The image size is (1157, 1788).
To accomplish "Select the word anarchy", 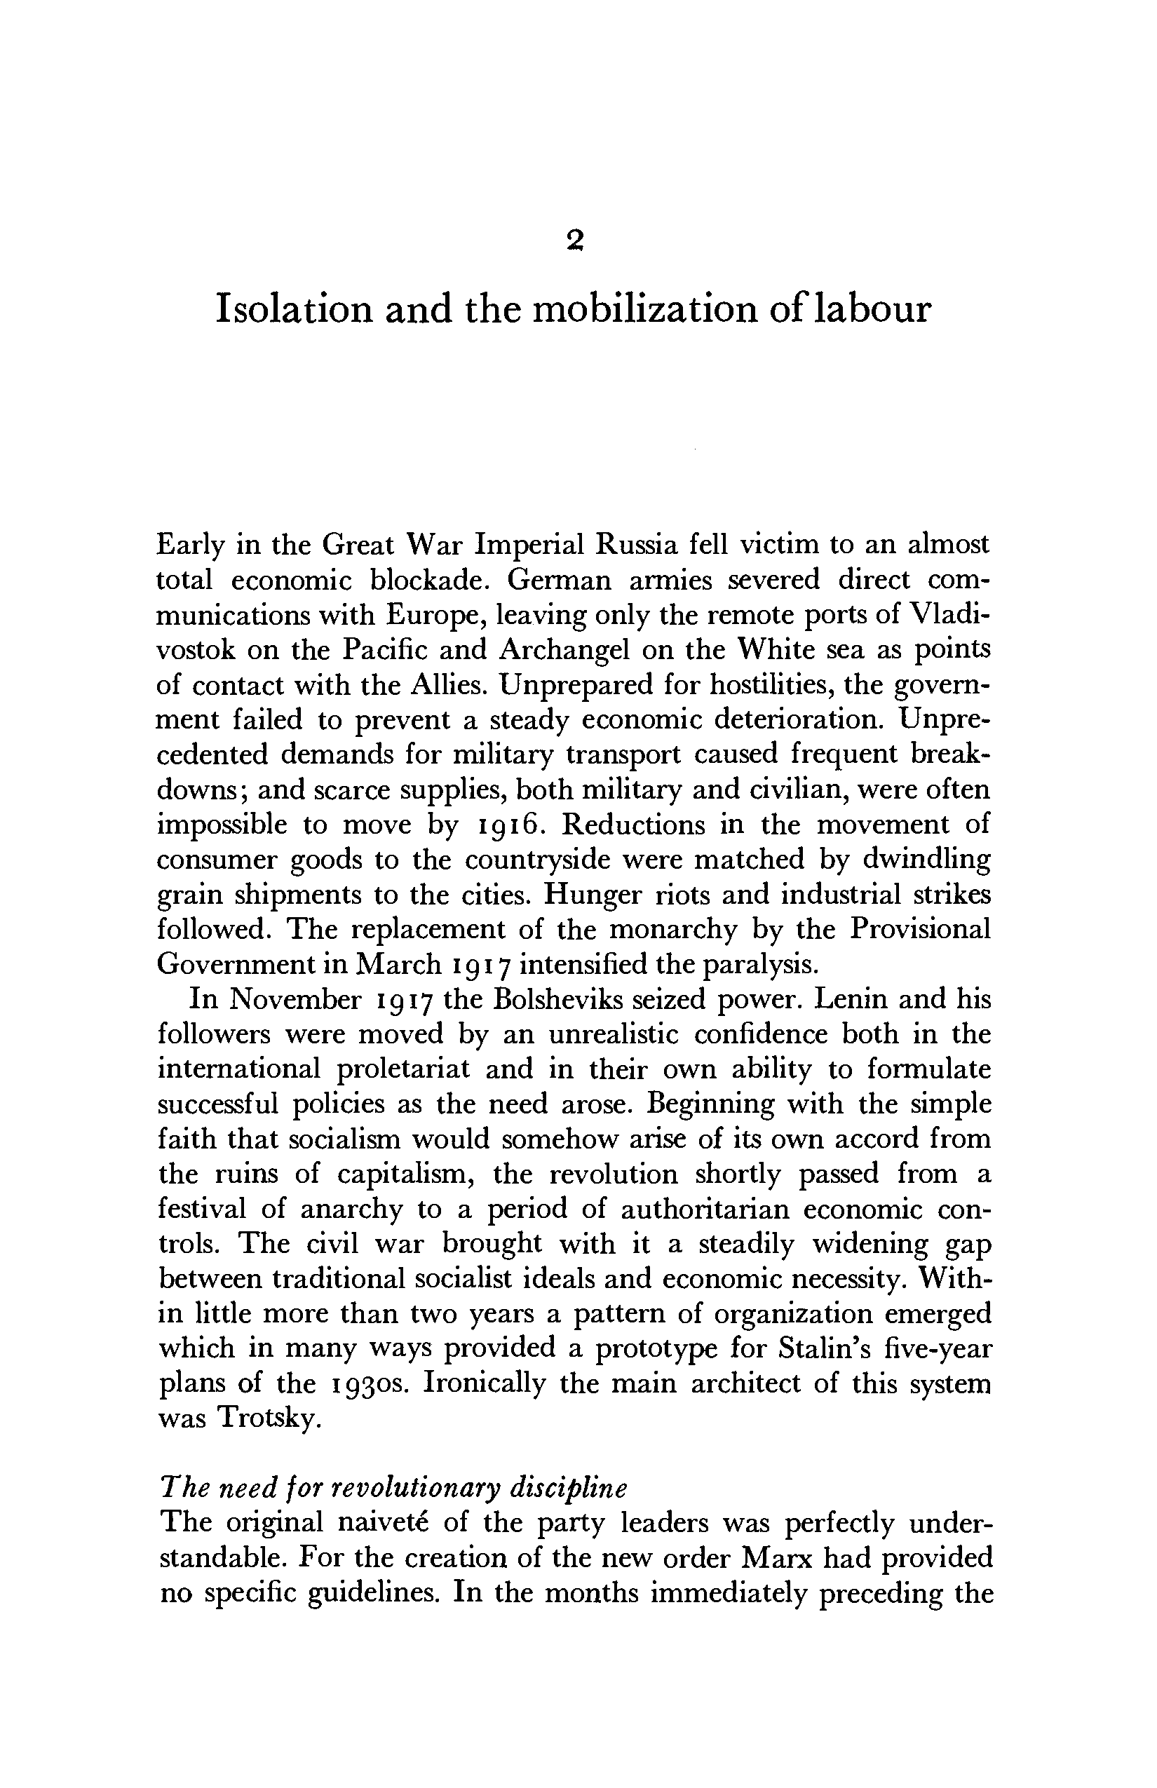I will point(351,1210).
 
